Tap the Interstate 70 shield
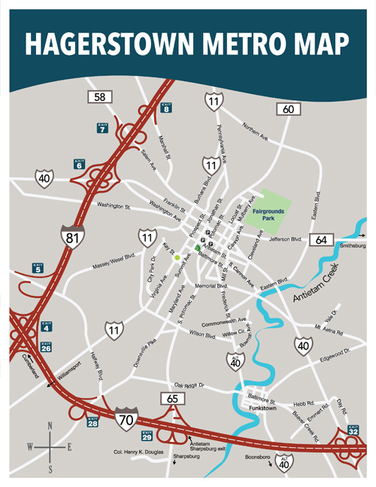pyautogui.click(x=126, y=415)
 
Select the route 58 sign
pyautogui.click(x=99, y=97)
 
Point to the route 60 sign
pyautogui.click(x=288, y=110)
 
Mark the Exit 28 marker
pyautogui.click(x=92, y=422)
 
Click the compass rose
pyautogui.click(x=50, y=447)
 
